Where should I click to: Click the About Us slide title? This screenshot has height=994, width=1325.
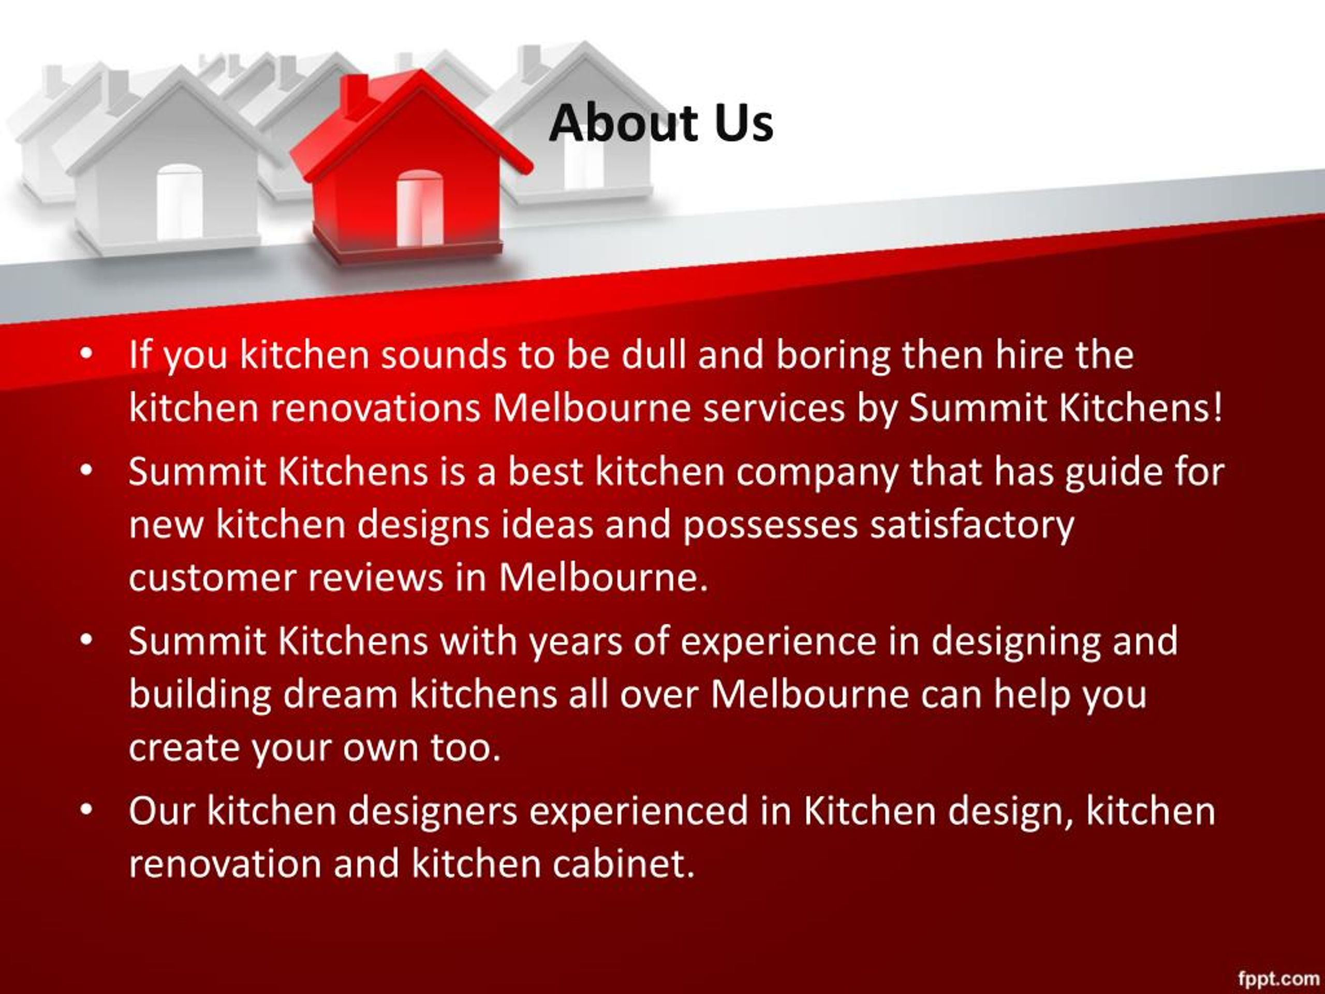[x=661, y=123]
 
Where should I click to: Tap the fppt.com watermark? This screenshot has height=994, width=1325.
[x=1278, y=978]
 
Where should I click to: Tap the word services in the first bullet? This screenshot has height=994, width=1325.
[x=773, y=408]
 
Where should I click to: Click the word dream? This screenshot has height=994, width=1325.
[x=340, y=694]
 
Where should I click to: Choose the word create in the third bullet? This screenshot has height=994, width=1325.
[x=184, y=748]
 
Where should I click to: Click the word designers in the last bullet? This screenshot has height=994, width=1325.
[x=433, y=811]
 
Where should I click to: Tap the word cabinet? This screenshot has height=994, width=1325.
[x=623, y=864]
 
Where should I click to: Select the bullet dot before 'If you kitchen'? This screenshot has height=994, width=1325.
[x=86, y=354]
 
